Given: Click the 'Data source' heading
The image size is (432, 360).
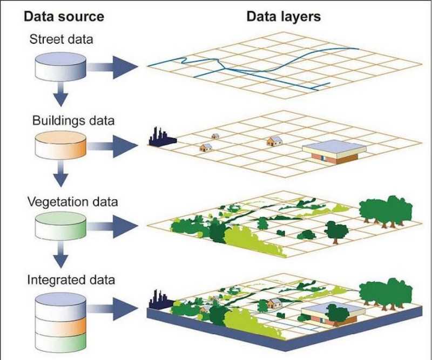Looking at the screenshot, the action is click(x=64, y=17).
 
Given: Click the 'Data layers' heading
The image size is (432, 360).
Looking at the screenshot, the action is click(x=283, y=17).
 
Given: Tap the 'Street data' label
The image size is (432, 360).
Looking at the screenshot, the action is click(x=61, y=39).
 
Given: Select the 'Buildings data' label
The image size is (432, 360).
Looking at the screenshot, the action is click(x=73, y=121).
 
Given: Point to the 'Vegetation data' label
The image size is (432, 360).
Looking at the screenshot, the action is click(x=73, y=202).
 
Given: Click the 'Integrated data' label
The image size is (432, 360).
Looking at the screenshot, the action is click(x=71, y=280).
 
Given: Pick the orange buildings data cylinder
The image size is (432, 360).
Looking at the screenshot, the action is click(x=60, y=145).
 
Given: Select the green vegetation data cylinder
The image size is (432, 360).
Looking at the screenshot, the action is click(x=60, y=226).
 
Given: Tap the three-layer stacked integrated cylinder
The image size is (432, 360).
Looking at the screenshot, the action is click(x=60, y=322).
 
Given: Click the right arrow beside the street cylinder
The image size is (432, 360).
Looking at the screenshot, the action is click(x=112, y=67).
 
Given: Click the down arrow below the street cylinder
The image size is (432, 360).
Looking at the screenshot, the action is click(x=60, y=94).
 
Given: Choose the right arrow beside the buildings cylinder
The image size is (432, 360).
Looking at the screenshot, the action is click(x=112, y=146).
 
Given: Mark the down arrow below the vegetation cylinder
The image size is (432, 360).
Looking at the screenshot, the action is click(x=60, y=255).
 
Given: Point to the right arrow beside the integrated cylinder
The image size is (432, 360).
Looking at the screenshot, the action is click(x=112, y=309).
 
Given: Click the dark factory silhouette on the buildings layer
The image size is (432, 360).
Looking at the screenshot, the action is click(x=163, y=137).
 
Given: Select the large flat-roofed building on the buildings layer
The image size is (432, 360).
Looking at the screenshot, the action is click(x=334, y=152).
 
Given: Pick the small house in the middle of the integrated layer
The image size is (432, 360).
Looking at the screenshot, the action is click(x=275, y=303).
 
